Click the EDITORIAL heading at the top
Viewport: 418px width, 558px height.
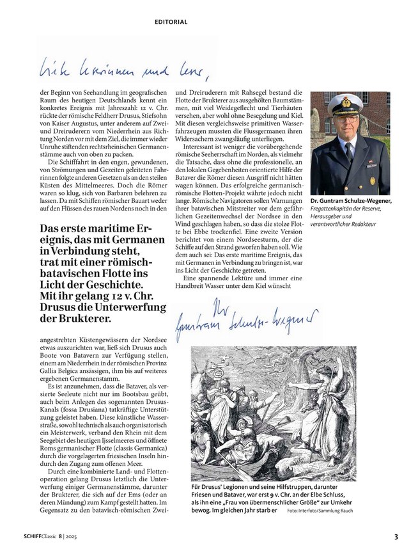171,22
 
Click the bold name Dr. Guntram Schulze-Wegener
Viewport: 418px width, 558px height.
350,201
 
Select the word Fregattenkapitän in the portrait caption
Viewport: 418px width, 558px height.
333,209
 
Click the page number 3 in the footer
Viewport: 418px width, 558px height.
396,537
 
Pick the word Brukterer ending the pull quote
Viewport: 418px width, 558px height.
81,317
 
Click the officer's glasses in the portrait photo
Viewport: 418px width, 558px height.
350,119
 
